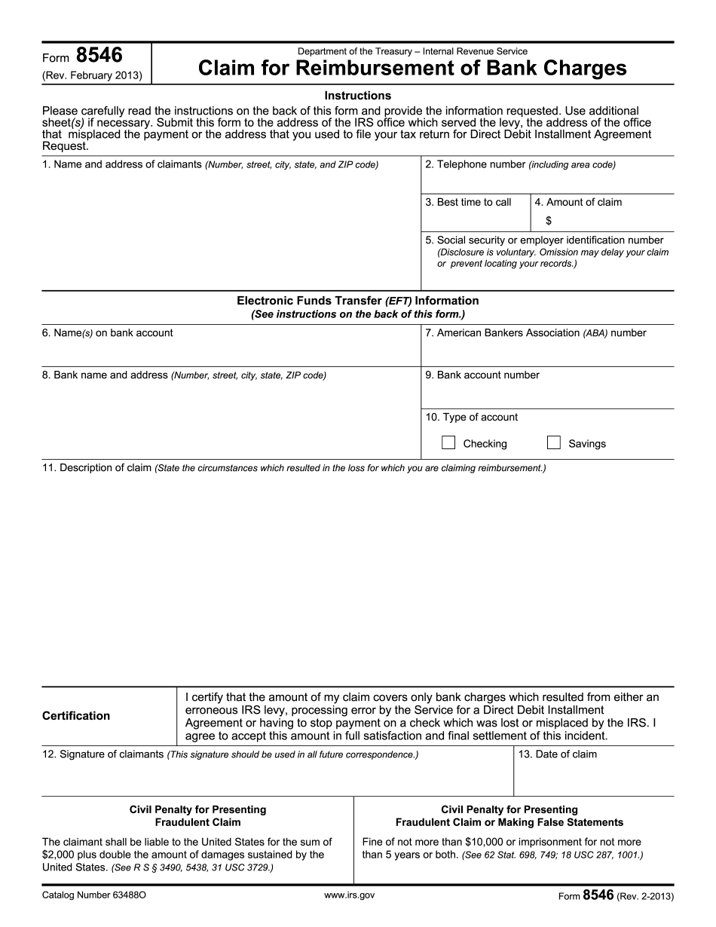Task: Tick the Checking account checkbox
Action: coord(448,443)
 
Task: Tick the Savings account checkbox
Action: coord(554,443)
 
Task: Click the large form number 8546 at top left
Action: coord(99,55)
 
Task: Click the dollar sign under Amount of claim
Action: coord(549,221)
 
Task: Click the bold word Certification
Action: coord(76,716)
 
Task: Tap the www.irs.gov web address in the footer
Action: coord(349,895)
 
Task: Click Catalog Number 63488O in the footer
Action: coord(94,895)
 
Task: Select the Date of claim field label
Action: coord(558,754)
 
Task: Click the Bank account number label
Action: coord(482,375)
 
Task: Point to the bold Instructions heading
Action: coord(358,96)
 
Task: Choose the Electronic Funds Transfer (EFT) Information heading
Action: coord(358,301)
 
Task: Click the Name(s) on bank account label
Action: coord(107,333)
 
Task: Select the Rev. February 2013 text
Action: coord(93,75)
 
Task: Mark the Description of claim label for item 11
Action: coord(96,468)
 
